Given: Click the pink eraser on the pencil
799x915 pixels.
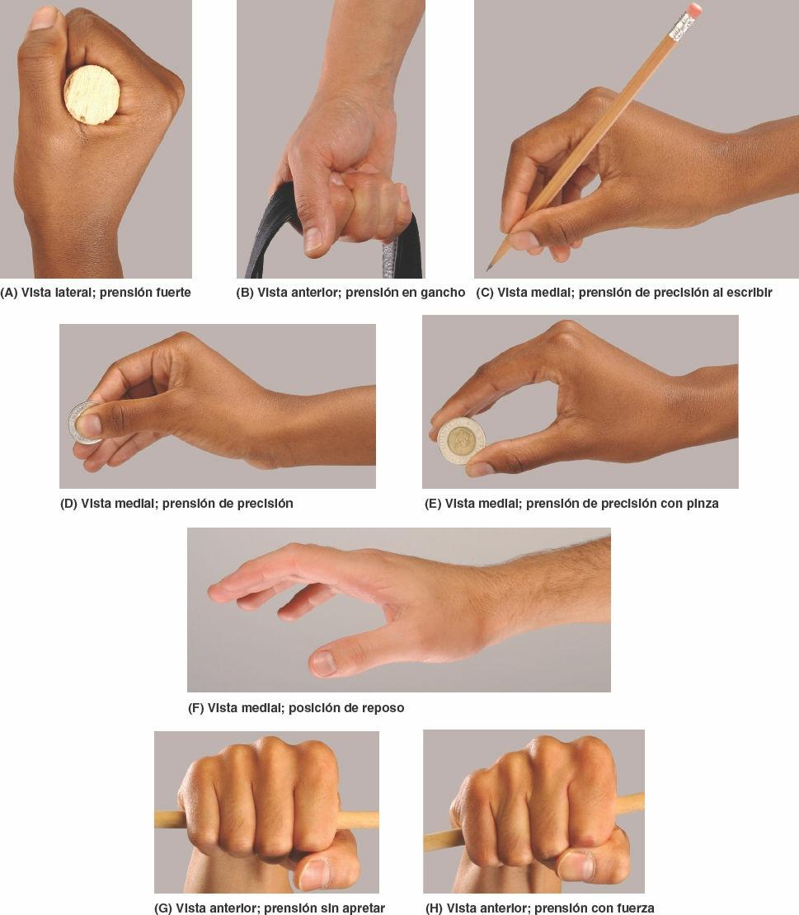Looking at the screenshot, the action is coord(694,9).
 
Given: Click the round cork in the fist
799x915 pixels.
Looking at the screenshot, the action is coord(92,95).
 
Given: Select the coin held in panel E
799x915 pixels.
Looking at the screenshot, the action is coord(462,440).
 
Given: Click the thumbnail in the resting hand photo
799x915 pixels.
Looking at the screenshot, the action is coord(322,662).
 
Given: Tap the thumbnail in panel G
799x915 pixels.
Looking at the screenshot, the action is coord(315,874).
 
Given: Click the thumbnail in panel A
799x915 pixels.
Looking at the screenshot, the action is coord(44,17).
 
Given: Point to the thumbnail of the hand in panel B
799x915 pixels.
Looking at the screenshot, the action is coord(313,239).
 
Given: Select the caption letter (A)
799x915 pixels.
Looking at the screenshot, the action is coord(9,293).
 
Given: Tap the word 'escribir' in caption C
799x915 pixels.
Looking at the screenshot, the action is coord(749,293).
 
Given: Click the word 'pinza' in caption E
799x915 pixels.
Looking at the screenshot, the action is coord(703,504).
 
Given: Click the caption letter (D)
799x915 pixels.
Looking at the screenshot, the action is coord(69,504).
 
